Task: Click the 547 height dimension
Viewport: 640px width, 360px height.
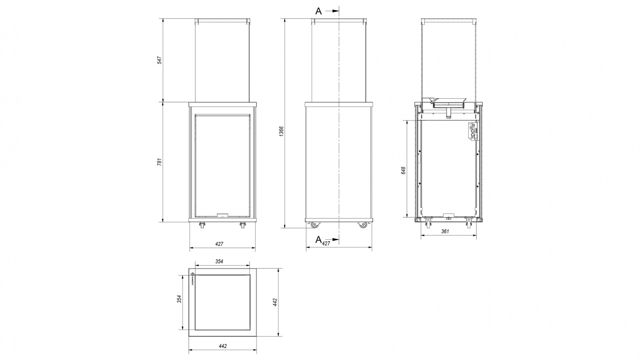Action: [x=159, y=60]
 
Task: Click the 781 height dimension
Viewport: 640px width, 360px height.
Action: [x=159, y=162]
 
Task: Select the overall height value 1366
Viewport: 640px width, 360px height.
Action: [x=282, y=131]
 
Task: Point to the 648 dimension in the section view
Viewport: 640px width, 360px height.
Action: [x=403, y=170]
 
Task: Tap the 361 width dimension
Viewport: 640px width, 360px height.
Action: [x=445, y=231]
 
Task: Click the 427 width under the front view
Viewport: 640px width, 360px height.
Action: [x=219, y=244]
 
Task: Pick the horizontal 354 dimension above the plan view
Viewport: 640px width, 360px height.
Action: [x=219, y=261]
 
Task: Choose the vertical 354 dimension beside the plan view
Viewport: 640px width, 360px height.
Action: [x=179, y=299]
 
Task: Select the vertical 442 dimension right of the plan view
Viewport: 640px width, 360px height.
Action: [x=275, y=302]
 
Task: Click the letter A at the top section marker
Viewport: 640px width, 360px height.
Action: [x=318, y=11]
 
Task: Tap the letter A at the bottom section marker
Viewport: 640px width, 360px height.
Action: [x=318, y=239]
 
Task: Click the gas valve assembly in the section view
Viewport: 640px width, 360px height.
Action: [x=473, y=131]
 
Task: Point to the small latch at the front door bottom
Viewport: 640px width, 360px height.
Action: [x=222, y=215]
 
